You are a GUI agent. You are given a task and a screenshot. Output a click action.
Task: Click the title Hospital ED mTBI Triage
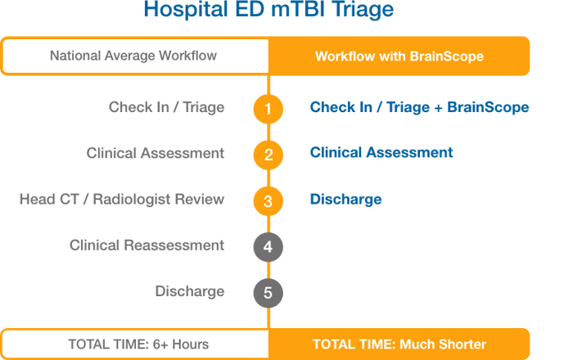point(268,10)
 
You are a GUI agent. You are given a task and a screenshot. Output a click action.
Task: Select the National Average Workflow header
point(133,56)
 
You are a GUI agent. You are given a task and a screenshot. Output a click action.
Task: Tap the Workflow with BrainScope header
point(399,56)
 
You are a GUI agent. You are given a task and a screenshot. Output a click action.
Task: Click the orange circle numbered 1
point(268,108)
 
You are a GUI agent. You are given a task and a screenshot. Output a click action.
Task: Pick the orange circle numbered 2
point(268,154)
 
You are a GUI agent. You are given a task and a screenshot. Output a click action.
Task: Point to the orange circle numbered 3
point(268,200)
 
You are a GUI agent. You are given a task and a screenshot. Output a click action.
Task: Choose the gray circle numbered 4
point(268,245)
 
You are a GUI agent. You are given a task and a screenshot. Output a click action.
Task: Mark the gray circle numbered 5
point(268,292)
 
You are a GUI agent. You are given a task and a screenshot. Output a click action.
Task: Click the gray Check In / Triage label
point(167,107)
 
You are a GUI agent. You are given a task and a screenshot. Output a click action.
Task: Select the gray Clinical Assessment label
point(156,153)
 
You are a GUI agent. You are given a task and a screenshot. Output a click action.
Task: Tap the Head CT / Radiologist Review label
point(122,199)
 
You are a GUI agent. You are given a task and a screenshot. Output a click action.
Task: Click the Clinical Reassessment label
point(147,245)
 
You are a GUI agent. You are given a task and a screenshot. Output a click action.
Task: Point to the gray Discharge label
point(190,291)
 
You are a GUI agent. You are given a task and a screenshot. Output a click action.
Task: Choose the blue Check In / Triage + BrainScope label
point(419,107)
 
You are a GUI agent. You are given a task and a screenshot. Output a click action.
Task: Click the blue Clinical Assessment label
point(381,153)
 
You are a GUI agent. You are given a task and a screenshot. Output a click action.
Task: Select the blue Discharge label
point(345,199)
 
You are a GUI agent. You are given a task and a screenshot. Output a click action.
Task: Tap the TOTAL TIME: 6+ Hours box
point(133,344)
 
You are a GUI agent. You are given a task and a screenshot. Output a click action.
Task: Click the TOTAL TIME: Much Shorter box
point(399,344)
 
